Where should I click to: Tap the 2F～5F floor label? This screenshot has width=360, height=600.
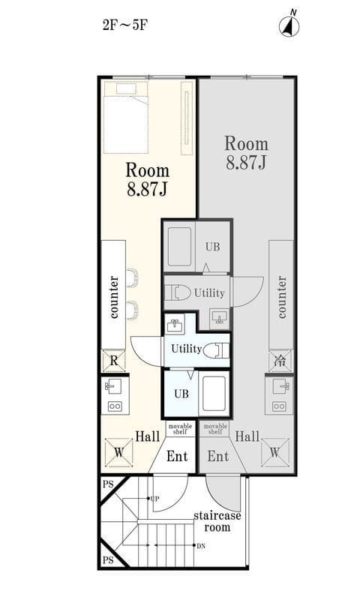pyautogui.click(x=125, y=25)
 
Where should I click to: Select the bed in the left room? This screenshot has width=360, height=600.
pyautogui.click(x=125, y=117)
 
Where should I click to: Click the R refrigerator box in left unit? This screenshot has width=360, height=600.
pyautogui.click(x=113, y=361)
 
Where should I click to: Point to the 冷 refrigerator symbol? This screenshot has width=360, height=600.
pyautogui.click(x=280, y=361)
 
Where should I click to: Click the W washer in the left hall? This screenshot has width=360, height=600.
pyautogui.click(x=119, y=453)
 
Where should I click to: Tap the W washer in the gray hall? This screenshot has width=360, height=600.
pyautogui.click(x=274, y=453)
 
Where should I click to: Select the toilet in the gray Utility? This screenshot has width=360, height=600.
pyautogui.click(x=178, y=293)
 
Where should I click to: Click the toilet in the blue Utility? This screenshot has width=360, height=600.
pyautogui.click(x=216, y=350)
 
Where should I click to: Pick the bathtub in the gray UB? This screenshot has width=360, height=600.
pyautogui.click(x=179, y=247)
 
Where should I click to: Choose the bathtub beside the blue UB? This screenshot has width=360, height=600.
pyautogui.click(x=214, y=393)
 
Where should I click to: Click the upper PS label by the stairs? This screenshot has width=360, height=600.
pyautogui.click(x=108, y=484)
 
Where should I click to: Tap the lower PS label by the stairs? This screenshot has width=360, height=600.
pyautogui.click(x=108, y=560)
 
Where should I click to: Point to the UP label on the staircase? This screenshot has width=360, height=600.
pyautogui.click(x=154, y=499)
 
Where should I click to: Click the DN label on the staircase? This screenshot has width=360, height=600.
pyautogui.click(x=201, y=546)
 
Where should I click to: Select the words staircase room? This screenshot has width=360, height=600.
pyautogui.click(x=217, y=521)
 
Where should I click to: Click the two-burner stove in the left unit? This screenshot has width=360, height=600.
pyautogui.click(x=115, y=406)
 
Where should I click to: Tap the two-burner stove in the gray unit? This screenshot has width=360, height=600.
pyautogui.click(x=279, y=406)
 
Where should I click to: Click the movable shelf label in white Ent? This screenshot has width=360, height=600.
pyautogui.click(x=180, y=428)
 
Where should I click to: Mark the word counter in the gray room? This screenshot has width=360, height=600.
pyautogui.click(x=281, y=297)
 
